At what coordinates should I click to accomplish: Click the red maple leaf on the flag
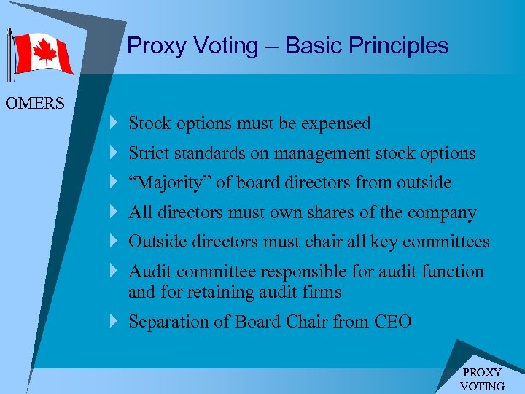tap(44, 53)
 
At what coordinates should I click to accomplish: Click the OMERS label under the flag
tap(35, 103)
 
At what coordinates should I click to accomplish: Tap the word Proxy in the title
tap(155, 46)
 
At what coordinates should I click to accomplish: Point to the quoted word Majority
tap(169, 183)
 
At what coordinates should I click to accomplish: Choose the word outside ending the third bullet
tap(424, 183)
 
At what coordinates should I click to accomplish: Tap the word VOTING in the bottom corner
tap(482, 386)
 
